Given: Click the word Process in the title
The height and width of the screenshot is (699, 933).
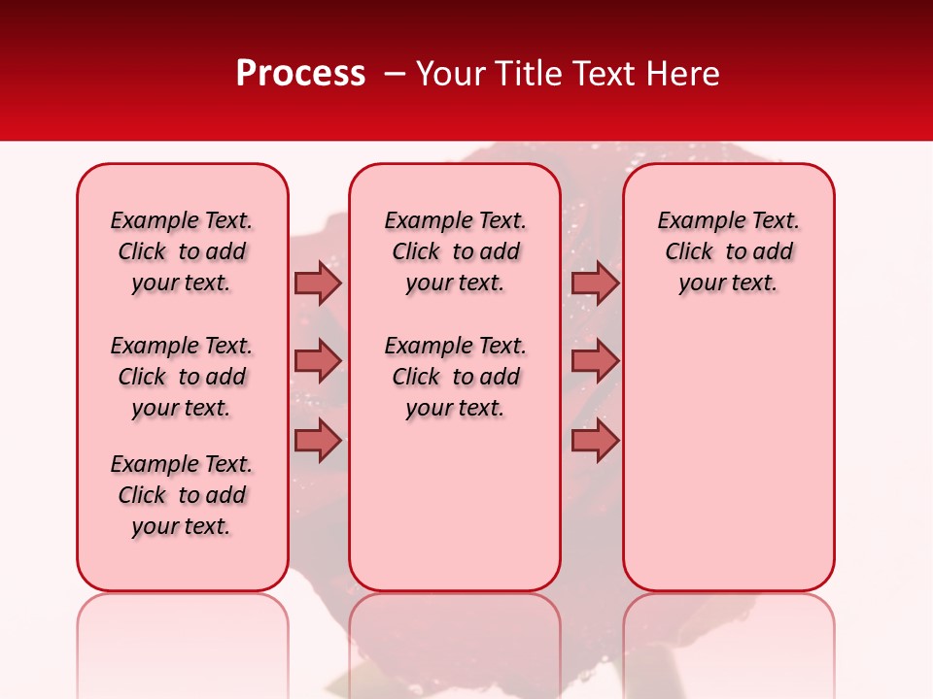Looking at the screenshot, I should (300, 74).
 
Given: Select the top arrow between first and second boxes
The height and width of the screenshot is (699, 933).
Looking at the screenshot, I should (318, 283).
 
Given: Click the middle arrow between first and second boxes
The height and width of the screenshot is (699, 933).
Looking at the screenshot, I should (318, 361).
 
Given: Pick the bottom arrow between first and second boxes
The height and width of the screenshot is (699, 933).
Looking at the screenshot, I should (318, 441).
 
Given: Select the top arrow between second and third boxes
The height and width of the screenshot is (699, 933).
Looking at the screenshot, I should (595, 283).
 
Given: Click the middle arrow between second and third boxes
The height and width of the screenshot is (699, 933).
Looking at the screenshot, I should (595, 361).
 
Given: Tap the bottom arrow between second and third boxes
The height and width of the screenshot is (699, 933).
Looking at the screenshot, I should (595, 441).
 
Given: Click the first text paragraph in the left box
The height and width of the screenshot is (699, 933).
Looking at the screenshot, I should (182, 251).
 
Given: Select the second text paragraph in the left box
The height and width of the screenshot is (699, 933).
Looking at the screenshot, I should (182, 377).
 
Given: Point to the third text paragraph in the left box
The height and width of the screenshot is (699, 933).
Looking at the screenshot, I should (182, 495).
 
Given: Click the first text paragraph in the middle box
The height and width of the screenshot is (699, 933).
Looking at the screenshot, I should (455, 251).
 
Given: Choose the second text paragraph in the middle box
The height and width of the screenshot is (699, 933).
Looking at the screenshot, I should (455, 377).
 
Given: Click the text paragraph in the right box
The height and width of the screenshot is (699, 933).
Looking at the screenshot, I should (728, 251).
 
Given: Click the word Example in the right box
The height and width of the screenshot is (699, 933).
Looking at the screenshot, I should (694, 221).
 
